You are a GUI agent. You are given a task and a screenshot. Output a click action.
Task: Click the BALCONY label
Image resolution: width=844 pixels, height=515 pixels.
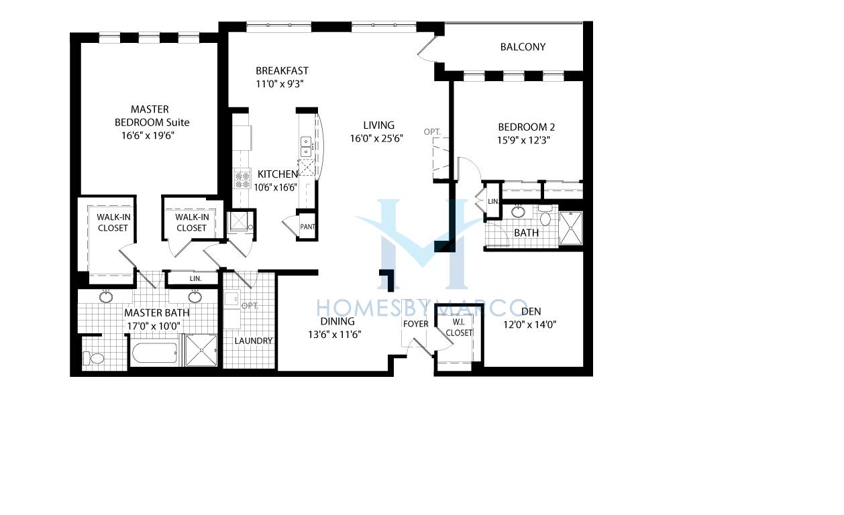tap(523, 47)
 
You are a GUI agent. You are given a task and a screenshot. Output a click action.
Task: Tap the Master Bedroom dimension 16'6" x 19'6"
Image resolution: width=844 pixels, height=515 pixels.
tap(148, 135)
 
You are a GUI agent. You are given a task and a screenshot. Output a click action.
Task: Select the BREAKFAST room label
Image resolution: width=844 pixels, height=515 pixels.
tap(282, 71)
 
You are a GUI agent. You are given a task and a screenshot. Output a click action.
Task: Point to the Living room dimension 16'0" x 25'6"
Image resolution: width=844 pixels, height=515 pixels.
tap(376, 139)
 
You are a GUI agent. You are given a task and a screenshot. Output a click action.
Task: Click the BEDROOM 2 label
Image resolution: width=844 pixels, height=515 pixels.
tap(526, 127)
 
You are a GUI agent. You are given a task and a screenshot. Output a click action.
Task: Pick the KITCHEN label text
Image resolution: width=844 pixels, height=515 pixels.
tap(278, 174)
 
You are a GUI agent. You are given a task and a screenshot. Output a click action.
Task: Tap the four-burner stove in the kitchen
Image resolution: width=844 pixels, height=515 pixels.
tap(242, 180)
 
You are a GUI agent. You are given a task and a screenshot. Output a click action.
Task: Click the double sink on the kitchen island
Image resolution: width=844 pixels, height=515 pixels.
tap(305, 146)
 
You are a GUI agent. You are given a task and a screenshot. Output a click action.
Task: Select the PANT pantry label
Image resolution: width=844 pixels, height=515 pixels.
tap(307, 227)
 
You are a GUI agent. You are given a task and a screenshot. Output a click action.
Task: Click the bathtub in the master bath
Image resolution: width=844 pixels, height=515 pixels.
tap(154, 353)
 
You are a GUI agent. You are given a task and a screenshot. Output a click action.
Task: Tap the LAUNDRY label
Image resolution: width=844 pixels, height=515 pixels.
tap(253, 341)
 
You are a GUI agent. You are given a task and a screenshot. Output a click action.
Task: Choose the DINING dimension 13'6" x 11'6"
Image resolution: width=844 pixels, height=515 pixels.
tap(335, 335)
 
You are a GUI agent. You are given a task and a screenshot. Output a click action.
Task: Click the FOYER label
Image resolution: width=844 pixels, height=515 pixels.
tap(415, 324)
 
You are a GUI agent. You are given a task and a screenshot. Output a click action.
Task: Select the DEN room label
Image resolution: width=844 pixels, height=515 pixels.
tap(531, 311)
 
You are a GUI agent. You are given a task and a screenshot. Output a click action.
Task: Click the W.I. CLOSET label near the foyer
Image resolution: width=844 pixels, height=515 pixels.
tap(459, 327)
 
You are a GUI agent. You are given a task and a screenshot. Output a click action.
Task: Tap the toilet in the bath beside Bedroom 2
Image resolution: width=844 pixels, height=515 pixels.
tap(545, 215)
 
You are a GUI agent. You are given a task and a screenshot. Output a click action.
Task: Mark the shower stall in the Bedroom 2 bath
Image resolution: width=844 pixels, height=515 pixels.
tap(571, 228)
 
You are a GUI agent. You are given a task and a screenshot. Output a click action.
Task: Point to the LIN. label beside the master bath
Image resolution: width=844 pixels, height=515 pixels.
tap(195, 278)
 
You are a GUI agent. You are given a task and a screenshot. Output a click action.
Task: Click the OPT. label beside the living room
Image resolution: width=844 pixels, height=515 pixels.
tap(432, 131)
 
